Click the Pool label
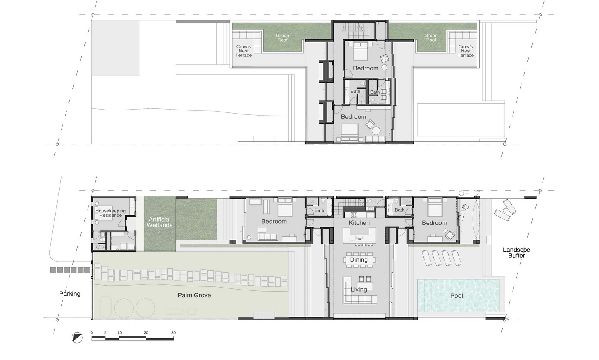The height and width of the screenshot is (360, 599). pyautogui.click(x=457, y=296)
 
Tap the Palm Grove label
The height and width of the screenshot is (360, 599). pyautogui.click(x=194, y=295)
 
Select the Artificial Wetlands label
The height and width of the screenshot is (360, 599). pyautogui.click(x=160, y=222)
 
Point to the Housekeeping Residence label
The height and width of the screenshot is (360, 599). pyautogui.click(x=110, y=213)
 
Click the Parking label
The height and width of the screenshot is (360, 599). pyautogui.click(x=70, y=294)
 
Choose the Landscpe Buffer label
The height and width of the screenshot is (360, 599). pyautogui.click(x=517, y=252)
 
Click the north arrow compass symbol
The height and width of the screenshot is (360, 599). pyautogui.click(x=77, y=338)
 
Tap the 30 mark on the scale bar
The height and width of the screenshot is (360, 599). pyautogui.click(x=173, y=333)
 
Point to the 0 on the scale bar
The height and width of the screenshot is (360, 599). pyautogui.click(x=92, y=333)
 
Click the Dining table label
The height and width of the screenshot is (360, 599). pyautogui.click(x=359, y=260)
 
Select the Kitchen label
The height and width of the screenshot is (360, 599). pyautogui.click(x=359, y=223)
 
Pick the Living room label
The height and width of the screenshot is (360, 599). pyautogui.click(x=359, y=289)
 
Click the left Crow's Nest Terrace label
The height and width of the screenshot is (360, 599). pyautogui.click(x=244, y=51)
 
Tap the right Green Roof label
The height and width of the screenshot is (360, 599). pyautogui.click(x=431, y=38)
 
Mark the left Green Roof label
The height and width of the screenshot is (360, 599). pyautogui.click(x=282, y=38)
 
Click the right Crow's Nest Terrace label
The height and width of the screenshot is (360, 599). pyautogui.click(x=465, y=51)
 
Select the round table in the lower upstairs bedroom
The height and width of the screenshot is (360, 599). pyautogui.click(x=376, y=130)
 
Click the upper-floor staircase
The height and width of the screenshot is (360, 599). pyautogui.click(x=353, y=30)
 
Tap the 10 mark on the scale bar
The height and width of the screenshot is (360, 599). pyautogui.click(x=119, y=333)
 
